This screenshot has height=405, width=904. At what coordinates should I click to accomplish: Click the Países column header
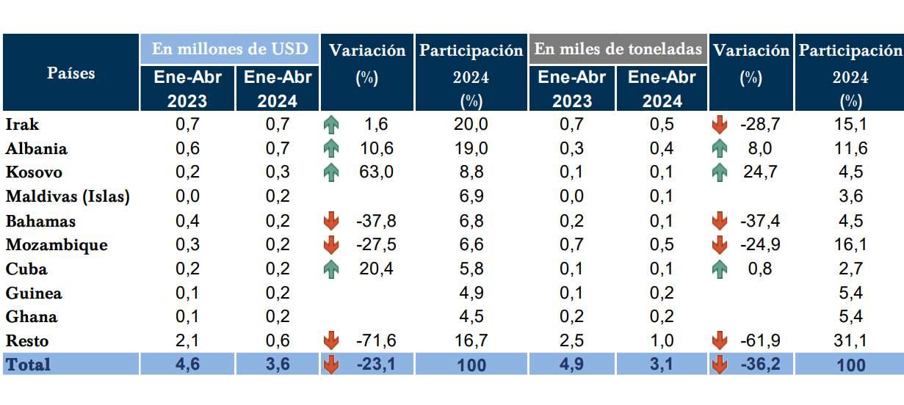(x=71, y=73)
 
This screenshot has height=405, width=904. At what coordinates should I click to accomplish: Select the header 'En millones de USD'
(x=230, y=49)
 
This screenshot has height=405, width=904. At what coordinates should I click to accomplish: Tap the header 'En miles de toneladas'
(x=618, y=49)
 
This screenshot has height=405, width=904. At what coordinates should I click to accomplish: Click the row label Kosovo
(x=34, y=172)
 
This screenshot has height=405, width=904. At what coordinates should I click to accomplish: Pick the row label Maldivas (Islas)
(x=68, y=197)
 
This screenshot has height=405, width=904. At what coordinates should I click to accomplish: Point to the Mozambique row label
(x=56, y=244)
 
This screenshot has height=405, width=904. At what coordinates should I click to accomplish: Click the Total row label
(x=29, y=364)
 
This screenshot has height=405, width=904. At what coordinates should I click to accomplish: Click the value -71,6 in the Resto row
(x=375, y=340)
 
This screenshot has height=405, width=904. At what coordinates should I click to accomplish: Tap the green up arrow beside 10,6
(x=331, y=149)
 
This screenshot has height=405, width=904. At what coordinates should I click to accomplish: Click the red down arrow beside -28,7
(x=719, y=125)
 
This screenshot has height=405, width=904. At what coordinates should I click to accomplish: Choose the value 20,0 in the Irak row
(x=470, y=125)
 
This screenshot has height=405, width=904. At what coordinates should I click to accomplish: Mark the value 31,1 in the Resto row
(x=850, y=340)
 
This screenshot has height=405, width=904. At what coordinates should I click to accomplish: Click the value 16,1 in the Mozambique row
(x=850, y=244)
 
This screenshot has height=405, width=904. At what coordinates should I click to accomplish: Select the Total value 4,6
(x=187, y=364)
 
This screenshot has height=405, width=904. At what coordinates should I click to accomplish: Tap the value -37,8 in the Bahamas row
(x=375, y=221)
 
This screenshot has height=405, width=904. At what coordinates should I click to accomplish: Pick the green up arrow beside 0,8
(x=719, y=269)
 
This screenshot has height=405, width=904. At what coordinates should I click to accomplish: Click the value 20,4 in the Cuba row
(x=375, y=269)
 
